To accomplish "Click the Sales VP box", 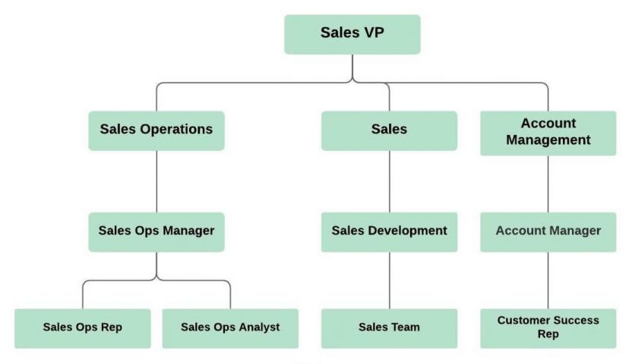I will point(352,34).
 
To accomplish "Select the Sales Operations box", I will point(156,130).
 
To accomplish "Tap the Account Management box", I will point(548,132).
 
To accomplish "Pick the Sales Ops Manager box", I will point(156,231).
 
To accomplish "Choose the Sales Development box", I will point(389,231).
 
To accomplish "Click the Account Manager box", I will point(548,231).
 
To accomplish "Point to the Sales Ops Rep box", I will point(82,328).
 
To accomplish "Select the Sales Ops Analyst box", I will point(230,328).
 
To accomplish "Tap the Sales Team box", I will point(389,328).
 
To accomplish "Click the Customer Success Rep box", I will point(548,328).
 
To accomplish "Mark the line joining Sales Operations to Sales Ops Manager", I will point(156,182).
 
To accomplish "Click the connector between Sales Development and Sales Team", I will point(390,280).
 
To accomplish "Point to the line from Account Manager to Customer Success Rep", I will point(548,280).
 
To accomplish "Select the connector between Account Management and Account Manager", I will point(548,184).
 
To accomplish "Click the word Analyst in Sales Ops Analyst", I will point(256,328).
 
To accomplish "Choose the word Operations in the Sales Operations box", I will point(177,130).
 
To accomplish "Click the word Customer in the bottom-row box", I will point(523,321).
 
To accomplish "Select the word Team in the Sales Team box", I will point(406,328).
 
